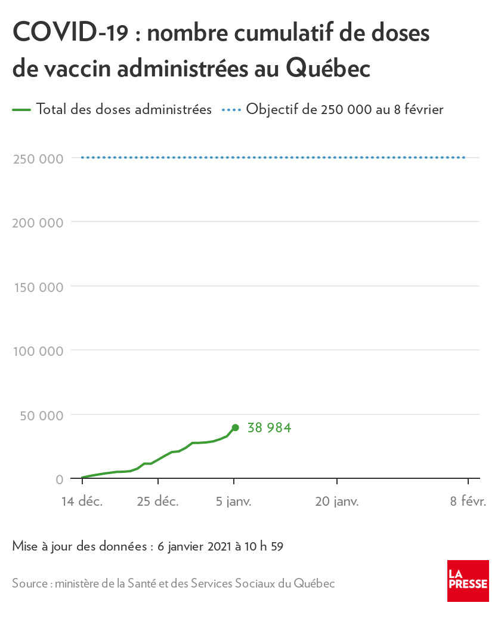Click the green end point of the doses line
click(x=235, y=428)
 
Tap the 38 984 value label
click(x=269, y=428)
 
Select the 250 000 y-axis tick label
click(x=38, y=159)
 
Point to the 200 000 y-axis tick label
click(x=38, y=223)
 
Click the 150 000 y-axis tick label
click(x=38, y=287)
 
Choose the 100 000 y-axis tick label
click(x=38, y=351)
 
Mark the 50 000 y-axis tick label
click(x=42, y=415)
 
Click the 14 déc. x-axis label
click(x=82, y=502)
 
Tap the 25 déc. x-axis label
click(x=158, y=502)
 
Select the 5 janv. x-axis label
click(x=234, y=502)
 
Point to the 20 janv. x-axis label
click(x=337, y=502)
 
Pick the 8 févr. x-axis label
click(x=468, y=502)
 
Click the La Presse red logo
click(x=468, y=581)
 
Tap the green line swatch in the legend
click(x=21, y=110)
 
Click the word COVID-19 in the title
click(x=70, y=33)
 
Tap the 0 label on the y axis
click(x=60, y=479)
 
